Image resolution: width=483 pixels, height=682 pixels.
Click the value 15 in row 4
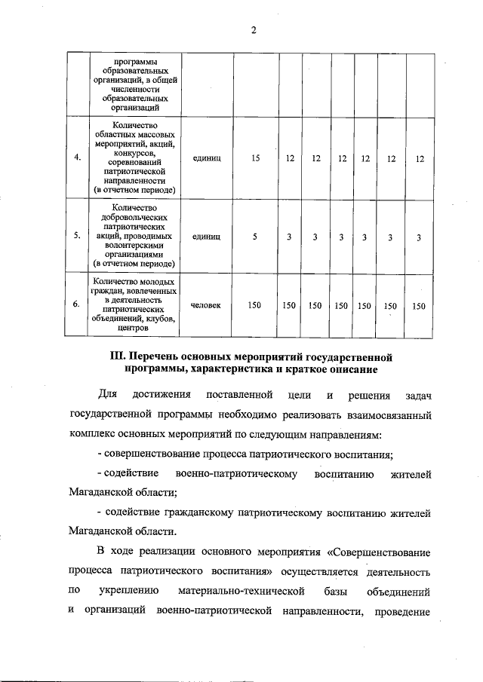click(255, 158)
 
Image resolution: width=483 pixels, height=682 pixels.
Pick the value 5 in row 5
click(255, 237)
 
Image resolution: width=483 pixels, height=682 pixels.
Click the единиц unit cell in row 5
click(206, 237)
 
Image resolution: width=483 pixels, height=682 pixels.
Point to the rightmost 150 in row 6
click(419, 305)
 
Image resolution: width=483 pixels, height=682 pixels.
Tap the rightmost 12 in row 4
click(420, 158)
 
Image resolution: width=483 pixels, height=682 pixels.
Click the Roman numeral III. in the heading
click(119, 356)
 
